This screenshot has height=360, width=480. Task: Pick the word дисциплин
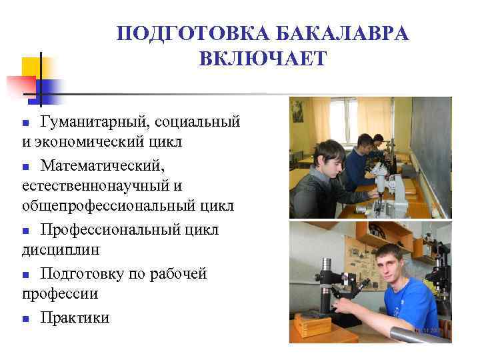coord(61,250)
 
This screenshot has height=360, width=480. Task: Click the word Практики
coord(75,317)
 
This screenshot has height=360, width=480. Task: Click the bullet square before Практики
coord(25,319)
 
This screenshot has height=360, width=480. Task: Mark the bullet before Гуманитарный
coord(25,124)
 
